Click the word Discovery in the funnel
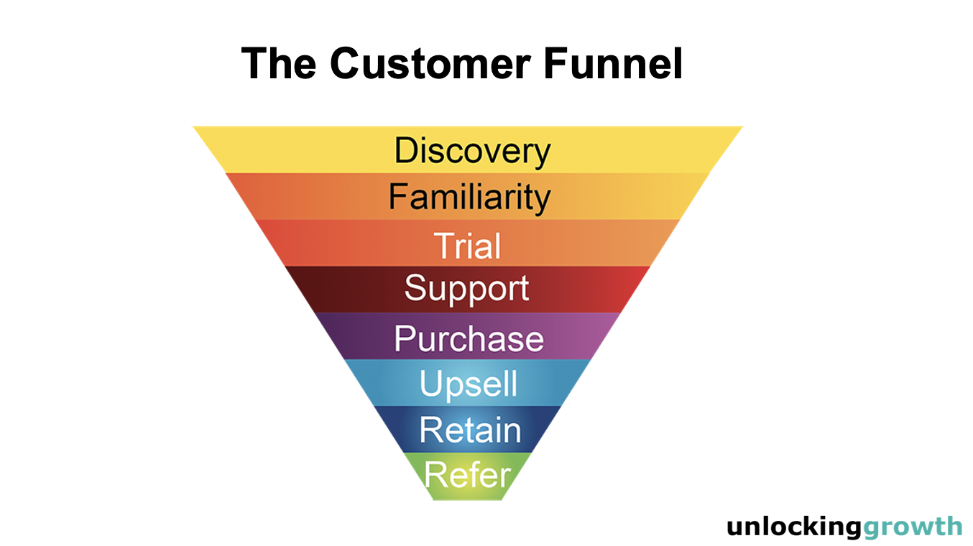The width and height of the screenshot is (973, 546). [x=472, y=151]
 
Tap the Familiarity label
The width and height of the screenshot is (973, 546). [x=469, y=197]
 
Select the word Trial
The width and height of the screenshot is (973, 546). [x=467, y=246]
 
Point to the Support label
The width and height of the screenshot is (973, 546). [x=466, y=289]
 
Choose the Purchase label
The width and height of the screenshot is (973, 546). [x=469, y=338]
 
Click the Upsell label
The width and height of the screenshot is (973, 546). [x=469, y=384]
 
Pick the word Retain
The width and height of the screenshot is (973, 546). [x=470, y=430]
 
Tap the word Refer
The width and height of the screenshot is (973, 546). [x=468, y=475]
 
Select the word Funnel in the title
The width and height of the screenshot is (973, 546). [x=612, y=63]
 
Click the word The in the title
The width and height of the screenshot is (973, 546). [x=278, y=63]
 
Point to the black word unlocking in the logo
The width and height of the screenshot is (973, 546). [x=793, y=527]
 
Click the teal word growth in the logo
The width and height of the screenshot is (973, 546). [x=912, y=527]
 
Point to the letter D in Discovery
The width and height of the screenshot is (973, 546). [x=406, y=151]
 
